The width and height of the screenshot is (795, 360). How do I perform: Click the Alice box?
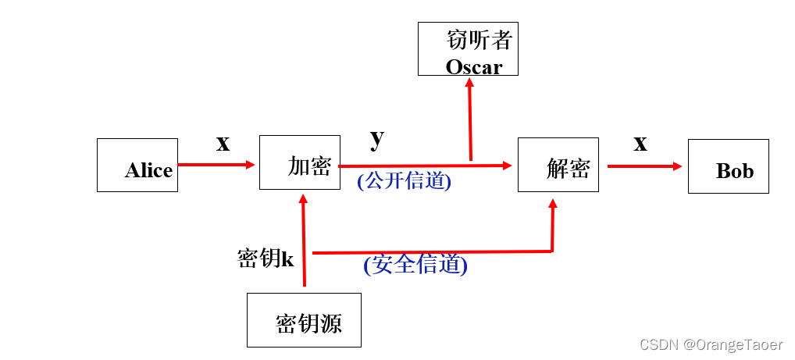coord(137,165)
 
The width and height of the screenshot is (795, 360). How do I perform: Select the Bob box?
coord(728,166)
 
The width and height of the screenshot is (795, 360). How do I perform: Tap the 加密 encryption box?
coord(300,162)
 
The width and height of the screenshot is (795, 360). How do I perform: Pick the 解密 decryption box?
coord(558,164)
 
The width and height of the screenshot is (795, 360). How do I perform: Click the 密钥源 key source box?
coord(304,319)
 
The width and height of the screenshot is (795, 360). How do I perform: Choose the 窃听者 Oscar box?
coord(468,48)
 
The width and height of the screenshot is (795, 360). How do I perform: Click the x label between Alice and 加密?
coord(223,143)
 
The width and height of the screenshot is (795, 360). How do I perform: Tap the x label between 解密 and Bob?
coord(640,143)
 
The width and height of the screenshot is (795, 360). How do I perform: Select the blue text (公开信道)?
coord(404,181)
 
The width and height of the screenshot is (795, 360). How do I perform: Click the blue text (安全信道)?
coord(415,266)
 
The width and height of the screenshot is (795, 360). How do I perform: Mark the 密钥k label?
coord(266,258)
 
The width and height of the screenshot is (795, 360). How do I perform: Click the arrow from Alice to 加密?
coord(216,165)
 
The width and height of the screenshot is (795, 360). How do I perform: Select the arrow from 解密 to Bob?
coord(643,166)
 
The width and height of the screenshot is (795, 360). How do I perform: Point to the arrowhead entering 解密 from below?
coord(553,201)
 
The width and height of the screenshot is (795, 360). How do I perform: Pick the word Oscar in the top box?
coord(474,67)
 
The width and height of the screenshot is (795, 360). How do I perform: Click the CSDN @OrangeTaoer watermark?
coord(711,344)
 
